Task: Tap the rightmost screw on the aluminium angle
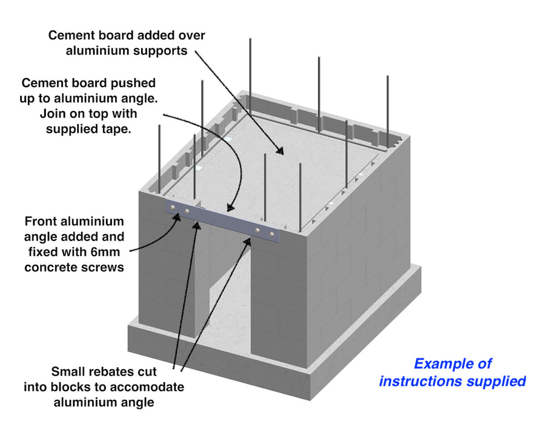click(x=272, y=234)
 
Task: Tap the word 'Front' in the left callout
click(x=44, y=222)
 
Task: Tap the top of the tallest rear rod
click(x=250, y=40)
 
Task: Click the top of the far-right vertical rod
click(x=388, y=77)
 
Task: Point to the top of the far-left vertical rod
click(x=159, y=127)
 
